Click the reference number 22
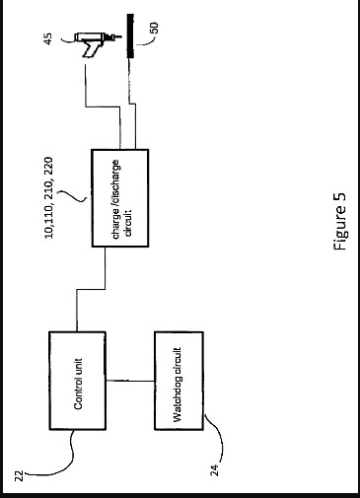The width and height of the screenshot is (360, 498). click(20, 475)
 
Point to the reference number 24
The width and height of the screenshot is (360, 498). click(214, 470)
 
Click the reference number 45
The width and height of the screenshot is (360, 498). click(48, 38)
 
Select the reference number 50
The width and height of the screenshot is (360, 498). click(154, 28)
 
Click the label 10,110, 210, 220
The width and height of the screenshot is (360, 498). click(48, 198)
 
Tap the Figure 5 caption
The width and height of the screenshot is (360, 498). click(340, 221)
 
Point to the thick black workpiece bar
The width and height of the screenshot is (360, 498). click(130, 36)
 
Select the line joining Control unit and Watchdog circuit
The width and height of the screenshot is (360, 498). click(130, 381)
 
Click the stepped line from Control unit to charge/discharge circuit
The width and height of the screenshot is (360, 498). click(91, 289)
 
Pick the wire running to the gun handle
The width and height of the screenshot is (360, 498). click(102, 107)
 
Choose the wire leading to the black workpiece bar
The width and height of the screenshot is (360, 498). click(132, 104)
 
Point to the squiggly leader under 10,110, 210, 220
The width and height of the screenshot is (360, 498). click(73, 196)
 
